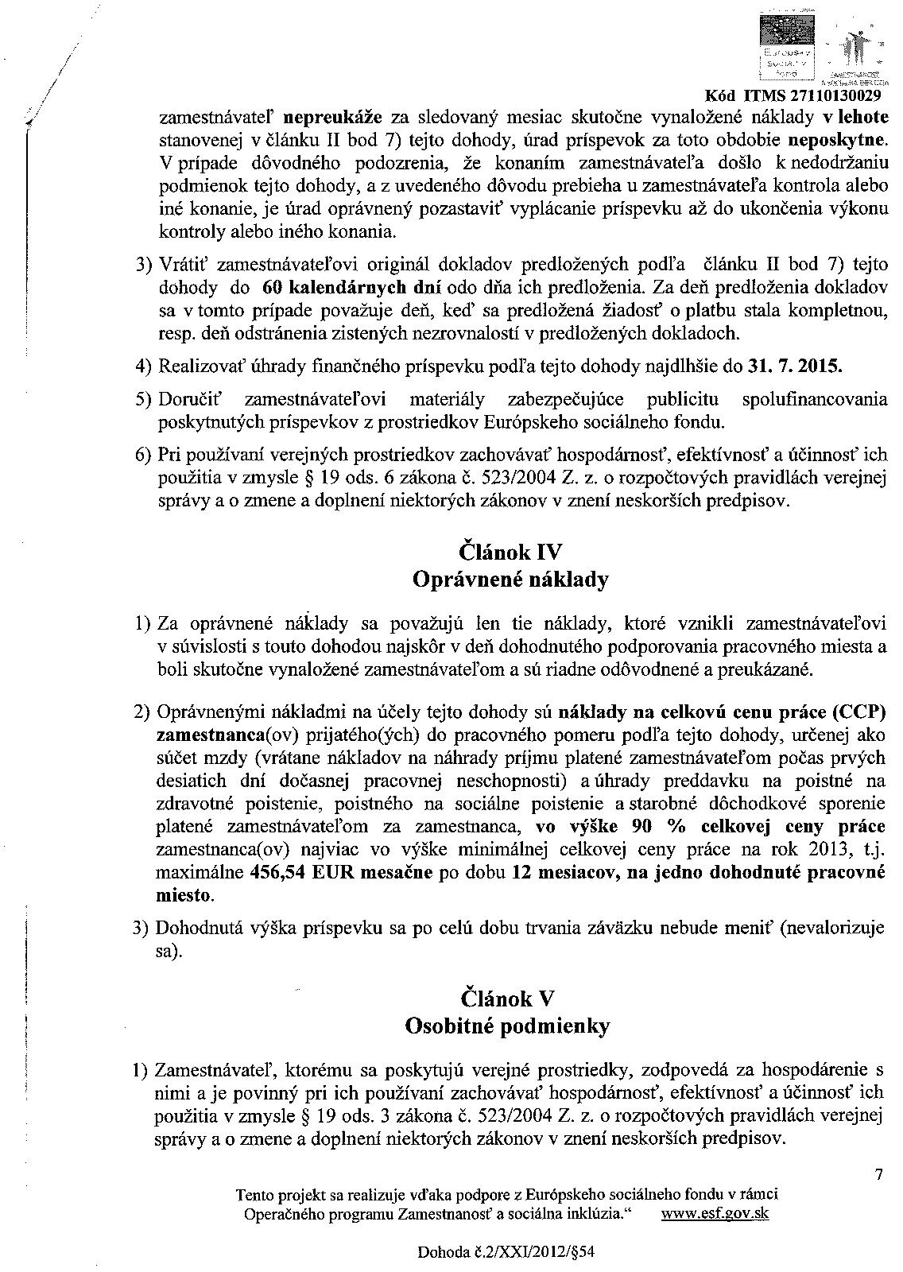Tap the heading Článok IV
coord(511,550)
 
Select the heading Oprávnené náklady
coord(510,579)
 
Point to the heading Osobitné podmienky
coord(507,1026)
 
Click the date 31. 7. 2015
coord(794,367)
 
